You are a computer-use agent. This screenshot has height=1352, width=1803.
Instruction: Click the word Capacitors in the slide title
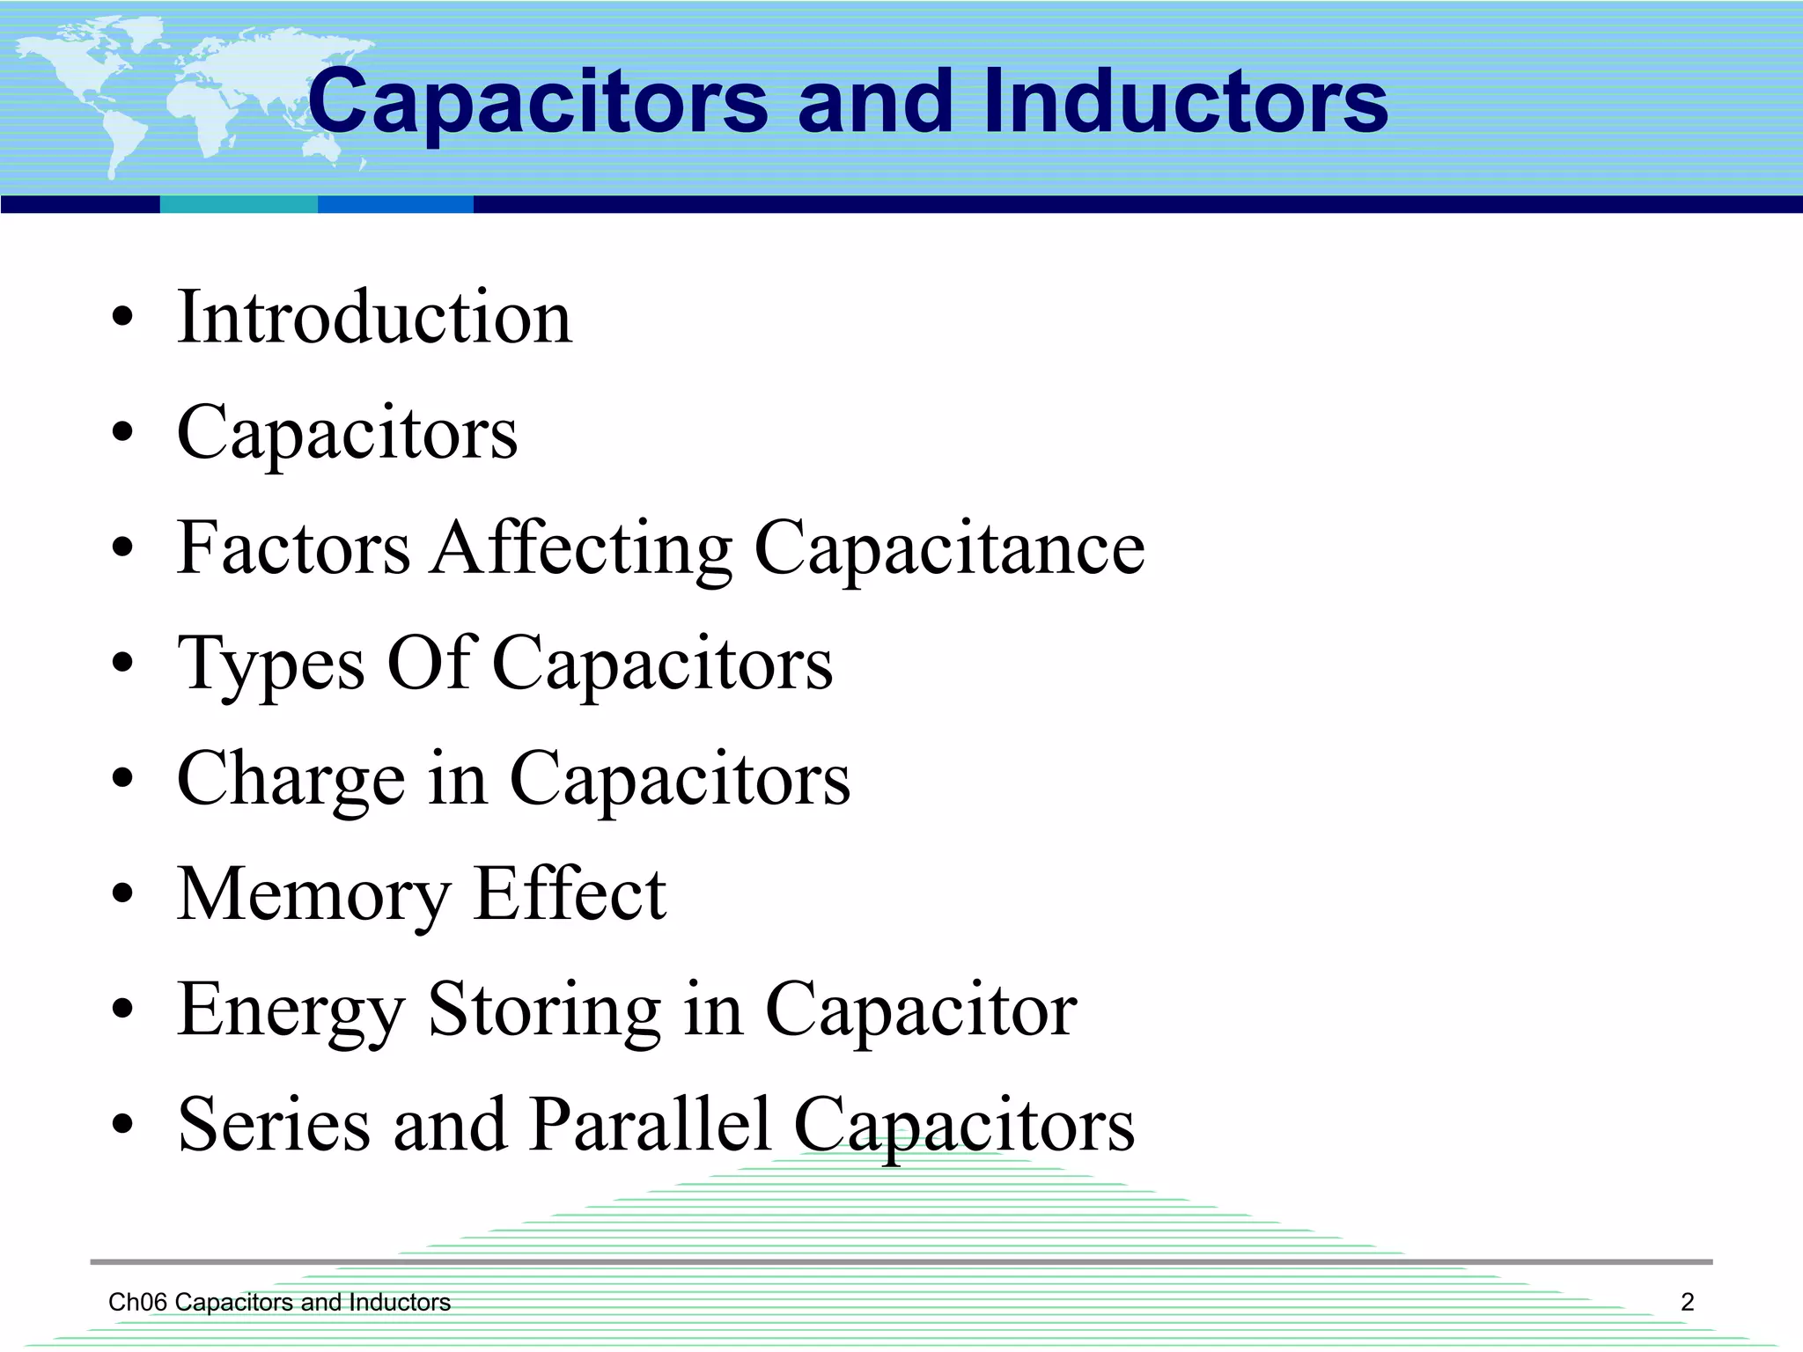pos(538,104)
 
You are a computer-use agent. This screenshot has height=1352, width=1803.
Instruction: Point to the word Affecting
pos(581,549)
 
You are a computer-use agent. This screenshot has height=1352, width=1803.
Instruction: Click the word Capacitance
pos(949,549)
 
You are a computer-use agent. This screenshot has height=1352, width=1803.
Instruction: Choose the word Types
pos(270,665)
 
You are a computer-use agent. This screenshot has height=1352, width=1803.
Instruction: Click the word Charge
pos(291,780)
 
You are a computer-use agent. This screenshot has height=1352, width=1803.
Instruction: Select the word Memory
pos(313,896)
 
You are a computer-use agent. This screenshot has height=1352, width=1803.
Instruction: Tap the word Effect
pos(570,894)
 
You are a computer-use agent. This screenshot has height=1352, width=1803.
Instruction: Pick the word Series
pos(274,1125)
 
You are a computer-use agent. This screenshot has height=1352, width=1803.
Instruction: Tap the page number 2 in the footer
pos(1687,1302)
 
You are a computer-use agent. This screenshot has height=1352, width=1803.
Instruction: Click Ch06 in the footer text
pos(137,1302)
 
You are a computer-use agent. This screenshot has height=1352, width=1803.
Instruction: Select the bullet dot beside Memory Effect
pos(123,895)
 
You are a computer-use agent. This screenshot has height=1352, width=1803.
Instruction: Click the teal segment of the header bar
pos(239,204)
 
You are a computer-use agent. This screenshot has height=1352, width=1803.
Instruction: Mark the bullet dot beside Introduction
pos(123,318)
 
